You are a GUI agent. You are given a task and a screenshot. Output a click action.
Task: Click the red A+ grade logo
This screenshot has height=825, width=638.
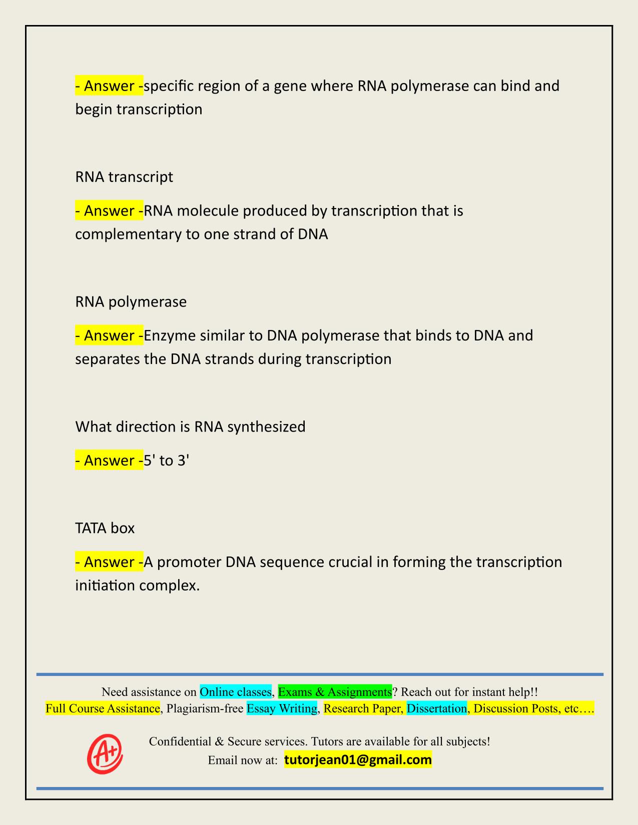[x=105, y=753]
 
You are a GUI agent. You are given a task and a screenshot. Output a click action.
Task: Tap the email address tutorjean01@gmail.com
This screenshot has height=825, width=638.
[x=358, y=760]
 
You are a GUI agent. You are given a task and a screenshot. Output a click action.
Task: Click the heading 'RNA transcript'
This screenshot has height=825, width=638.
[x=124, y=177]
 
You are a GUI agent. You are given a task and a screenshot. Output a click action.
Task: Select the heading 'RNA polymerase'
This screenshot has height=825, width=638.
[x=131, y=302]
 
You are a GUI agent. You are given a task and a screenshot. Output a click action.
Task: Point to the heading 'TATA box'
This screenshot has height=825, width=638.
[x=105, y=528]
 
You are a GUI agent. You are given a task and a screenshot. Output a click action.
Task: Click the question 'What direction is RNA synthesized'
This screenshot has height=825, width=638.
[x=190, y=427]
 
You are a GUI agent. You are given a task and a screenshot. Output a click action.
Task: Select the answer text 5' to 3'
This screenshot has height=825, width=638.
[x=166, y=460]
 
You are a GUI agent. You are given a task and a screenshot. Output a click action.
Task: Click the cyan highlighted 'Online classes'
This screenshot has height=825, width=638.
[x=236, y=692]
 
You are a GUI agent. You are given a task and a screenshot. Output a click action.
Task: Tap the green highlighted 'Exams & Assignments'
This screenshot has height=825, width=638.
[x=335, y=692]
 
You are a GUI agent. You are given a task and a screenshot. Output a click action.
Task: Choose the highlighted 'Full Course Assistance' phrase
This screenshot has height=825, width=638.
[x=103, y=708]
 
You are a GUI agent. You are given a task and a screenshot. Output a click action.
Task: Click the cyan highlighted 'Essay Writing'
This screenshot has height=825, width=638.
[x=282, y=708]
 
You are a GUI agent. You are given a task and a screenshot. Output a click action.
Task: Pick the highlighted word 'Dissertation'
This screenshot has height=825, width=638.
[x=436, y=708]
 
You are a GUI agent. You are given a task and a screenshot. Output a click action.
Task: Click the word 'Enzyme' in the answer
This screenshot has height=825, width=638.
[x=169, y=335]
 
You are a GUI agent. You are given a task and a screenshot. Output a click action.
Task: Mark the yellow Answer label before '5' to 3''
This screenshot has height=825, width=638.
[x=109, y=460]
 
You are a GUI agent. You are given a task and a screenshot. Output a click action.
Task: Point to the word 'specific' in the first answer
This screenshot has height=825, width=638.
[x=169, y=86]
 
